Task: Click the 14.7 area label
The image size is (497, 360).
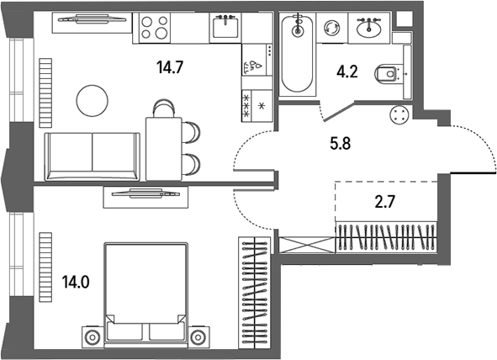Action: (x=170, y=67)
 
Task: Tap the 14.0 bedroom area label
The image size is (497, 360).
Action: (x=76, y=282)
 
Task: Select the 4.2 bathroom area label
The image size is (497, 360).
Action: (x=347, y=72)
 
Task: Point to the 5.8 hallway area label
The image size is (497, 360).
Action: (x=341, y=144)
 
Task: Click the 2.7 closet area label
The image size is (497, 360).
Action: (x=385, y=202)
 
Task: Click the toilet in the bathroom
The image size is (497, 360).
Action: (x=386, y=74)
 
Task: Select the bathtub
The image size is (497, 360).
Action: (x=298, y=54)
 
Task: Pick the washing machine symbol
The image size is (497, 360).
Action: (x=332, y=28)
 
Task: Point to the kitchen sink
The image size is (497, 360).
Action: (x=225, y=28)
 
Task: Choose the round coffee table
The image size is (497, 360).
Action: (x=93, y=101)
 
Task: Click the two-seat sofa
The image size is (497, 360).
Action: (x=93, y=156)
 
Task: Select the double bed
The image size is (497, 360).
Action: (x=145, y=292)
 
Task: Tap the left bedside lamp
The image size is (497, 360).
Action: (x=93, y=336)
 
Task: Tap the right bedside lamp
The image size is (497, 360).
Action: (x=198, y=336)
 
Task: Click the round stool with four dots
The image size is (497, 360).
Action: (x=399, y=114)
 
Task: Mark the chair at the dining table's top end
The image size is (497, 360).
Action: (x=164, y=109)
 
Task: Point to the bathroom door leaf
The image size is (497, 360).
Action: (x=339, y=110)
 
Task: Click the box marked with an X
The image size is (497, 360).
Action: (x=307, y=245)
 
